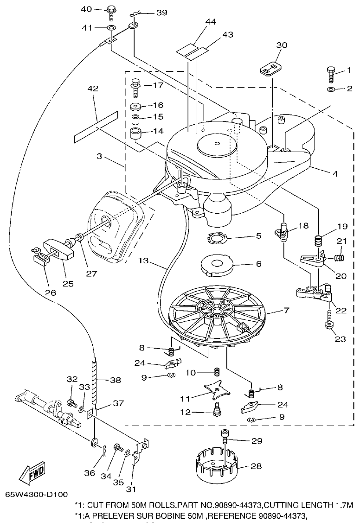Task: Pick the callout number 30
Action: (282, 45)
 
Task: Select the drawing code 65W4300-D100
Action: (37, 495)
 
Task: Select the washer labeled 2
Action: (330, 89)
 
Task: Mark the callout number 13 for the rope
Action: (145, 261)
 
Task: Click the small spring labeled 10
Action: (216, 372)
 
